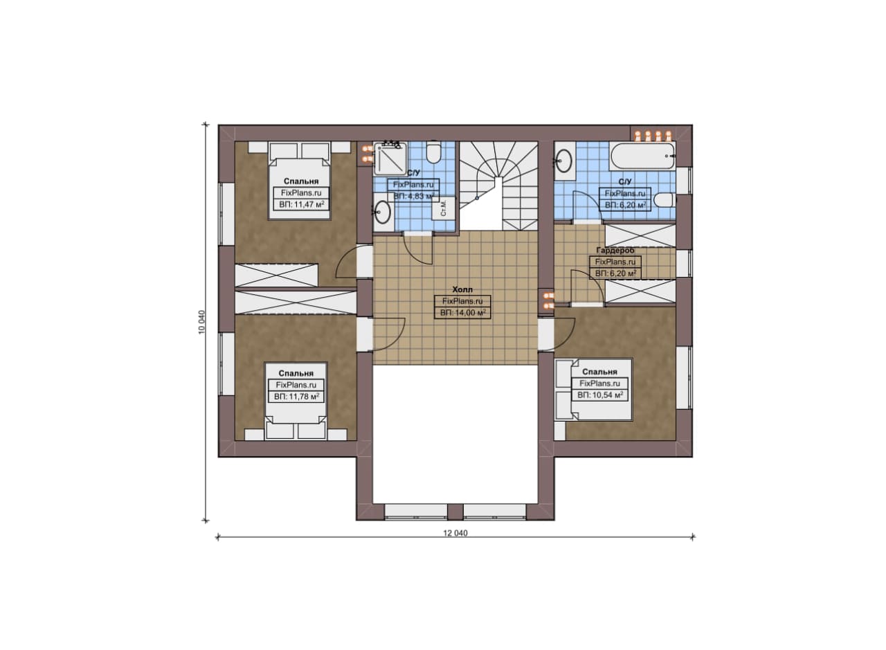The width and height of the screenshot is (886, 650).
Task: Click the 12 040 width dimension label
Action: pos(455,533)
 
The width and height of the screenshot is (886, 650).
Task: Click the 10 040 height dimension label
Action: pos(201,322)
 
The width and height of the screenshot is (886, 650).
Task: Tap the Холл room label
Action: pos(462,289)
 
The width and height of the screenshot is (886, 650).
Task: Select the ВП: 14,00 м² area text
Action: pos(463,313)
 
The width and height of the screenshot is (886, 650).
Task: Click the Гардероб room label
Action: pos(615,251)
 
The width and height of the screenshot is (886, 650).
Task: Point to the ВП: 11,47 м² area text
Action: pos(301,204)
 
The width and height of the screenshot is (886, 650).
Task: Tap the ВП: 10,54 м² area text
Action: pos(600,395)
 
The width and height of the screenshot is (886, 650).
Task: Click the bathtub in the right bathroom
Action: pos(642,156)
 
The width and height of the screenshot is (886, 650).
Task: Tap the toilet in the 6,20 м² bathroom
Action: pos(664,200)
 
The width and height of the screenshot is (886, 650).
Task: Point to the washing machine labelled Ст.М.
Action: pos(444,208)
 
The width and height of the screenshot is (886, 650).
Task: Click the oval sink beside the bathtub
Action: pos(563,161)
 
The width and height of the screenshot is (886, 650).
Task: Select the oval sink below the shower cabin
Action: pos(383,212)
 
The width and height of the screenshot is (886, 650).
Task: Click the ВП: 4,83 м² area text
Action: pos(414,196)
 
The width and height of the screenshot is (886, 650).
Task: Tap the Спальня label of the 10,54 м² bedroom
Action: pos(599,372)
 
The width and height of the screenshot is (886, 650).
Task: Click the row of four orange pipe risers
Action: pos(653,136)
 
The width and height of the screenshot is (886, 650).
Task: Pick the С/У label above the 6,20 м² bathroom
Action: pos(625,182)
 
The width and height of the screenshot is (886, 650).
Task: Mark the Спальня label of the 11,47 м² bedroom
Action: pos(301,181)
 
